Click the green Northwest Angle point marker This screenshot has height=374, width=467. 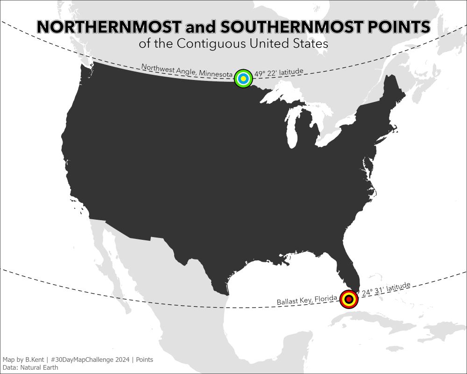[243, 78]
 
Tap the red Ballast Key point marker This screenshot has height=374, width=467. [348, 299]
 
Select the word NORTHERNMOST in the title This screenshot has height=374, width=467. [108, 27]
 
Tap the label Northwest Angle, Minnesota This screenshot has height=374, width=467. [187, 71]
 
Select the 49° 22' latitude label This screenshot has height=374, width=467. [279, 72]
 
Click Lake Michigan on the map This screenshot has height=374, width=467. [293, 131]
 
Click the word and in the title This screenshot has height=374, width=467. [199, 27]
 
